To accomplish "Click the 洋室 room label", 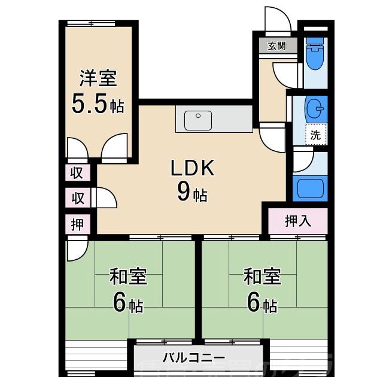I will (x=98, y=79).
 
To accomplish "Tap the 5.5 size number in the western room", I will (x=88, y=105).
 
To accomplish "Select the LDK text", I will (x=192, y=169).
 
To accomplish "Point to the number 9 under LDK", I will (x=184, y=192).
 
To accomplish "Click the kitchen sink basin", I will (x=198, y=120).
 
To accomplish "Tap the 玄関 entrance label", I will (x=276, y=46).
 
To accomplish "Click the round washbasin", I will (x=315, y=109).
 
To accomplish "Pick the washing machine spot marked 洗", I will (x=315, y=135).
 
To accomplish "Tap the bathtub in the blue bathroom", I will (x=311, y=189).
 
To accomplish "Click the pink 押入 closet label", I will (x=297, y=221).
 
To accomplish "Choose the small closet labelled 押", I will (x=78, y=224).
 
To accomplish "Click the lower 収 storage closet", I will (x=78, y=197).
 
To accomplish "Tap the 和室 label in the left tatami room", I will (x=128, y=277).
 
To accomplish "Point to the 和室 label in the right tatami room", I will (x=262, y=277).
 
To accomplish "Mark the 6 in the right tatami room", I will (x=254, y=304).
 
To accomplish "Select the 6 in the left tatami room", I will (x=120, y=304).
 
